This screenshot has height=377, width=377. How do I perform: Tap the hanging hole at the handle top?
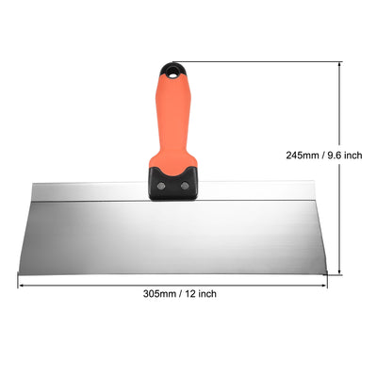point(173,68)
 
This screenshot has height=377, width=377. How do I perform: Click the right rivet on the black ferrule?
point(184,186)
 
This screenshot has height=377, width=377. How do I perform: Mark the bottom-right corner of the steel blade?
point(327,274)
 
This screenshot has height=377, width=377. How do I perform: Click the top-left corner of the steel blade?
point(31,183)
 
